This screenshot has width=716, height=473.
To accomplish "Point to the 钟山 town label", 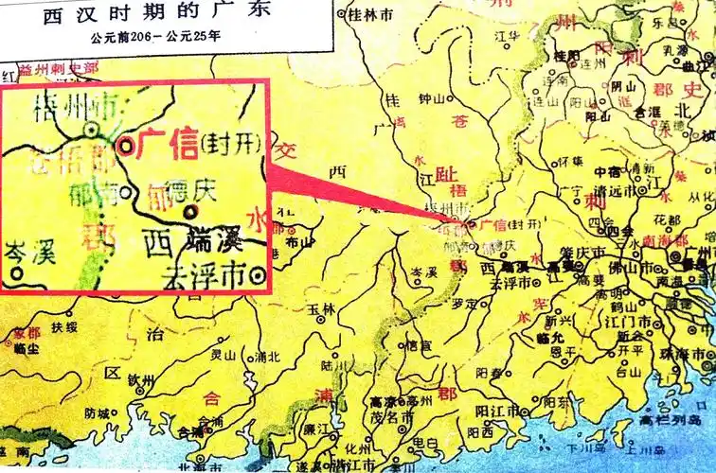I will (x=431, y=98).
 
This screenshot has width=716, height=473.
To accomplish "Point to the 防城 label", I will (x=98, y=412).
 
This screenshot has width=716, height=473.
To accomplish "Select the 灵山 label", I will (x=223, y=356).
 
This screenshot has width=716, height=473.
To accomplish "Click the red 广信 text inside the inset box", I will (x=168, y=142).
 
